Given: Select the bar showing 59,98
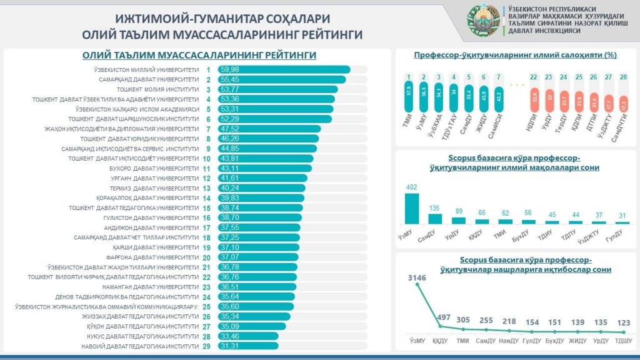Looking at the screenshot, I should tap(284, 69).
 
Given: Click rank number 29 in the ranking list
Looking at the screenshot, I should tap(207, 346).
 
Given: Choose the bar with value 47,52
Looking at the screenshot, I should tap(269, 129).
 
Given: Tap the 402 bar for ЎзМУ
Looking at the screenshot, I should tap(412, 208).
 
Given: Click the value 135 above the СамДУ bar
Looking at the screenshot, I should tap(434, 208).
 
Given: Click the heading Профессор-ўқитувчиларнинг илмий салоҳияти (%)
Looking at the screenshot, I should tap(516, 55).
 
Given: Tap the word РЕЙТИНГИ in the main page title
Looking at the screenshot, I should tap(326, 34).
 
